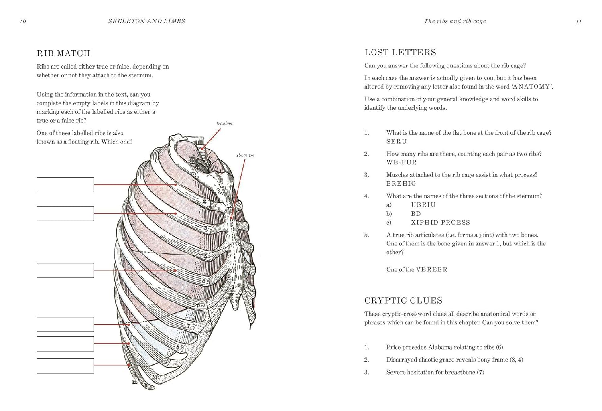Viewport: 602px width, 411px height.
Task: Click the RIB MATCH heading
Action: [63, 53]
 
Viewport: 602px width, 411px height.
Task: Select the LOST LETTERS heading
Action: [400, 53]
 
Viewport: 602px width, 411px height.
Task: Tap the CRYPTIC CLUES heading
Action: [403, 301]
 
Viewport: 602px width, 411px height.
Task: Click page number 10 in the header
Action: [23, 21]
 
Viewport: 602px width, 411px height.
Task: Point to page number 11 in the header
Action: [578, 21]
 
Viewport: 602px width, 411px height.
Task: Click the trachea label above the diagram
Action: [224, 124]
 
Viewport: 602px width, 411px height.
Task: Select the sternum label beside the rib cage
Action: [245, 155]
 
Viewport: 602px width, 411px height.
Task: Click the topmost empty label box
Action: [65, 185]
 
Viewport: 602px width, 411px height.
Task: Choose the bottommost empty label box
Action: [65, 366]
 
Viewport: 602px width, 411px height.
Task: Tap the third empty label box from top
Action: [65, 271]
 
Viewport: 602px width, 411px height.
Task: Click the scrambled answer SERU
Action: [397, 142]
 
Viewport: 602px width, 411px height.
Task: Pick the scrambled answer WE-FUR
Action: [401, 163]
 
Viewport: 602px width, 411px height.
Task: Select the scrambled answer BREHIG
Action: [401, 184]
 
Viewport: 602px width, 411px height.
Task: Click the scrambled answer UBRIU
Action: [423, 205]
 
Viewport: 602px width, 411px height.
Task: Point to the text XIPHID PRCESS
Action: [440, 223]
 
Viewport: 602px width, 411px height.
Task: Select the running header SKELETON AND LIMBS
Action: [146, 21]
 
